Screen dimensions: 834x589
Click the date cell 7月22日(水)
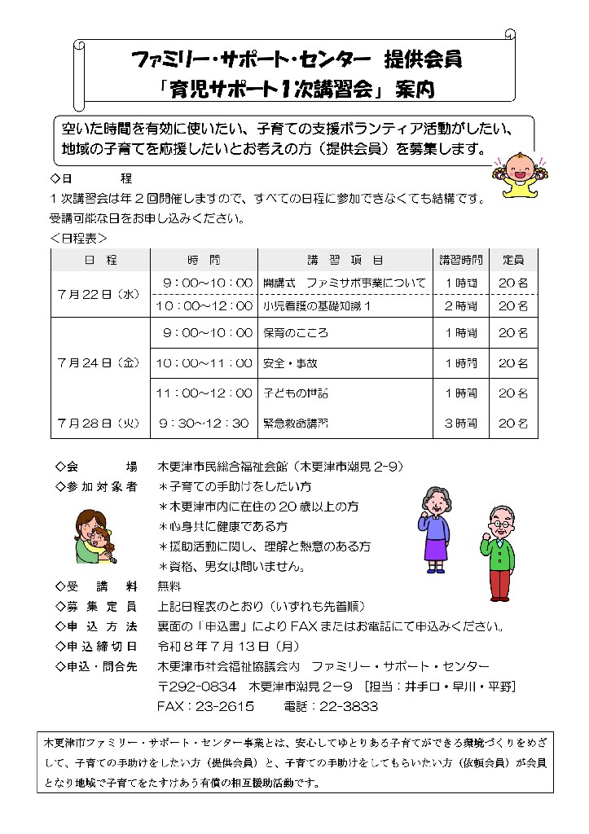pos(99,294)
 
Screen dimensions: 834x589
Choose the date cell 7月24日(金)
pos(99,363)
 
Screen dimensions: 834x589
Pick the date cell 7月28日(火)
pos(99,424)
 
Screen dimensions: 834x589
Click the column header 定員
pos(513,260)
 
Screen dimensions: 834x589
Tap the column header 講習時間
pos(461,260)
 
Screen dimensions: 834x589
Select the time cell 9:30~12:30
pos(204,424)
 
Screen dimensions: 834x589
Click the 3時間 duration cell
pos(461,424)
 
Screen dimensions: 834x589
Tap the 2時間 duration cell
pos(461,306)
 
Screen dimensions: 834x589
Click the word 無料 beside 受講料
pos(169,586)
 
